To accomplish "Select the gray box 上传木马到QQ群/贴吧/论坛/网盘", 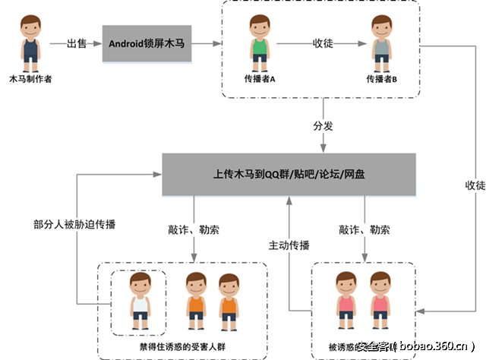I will coord(289,174).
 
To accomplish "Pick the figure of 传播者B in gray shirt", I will coord(380,46).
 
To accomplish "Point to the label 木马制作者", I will coord(30,78).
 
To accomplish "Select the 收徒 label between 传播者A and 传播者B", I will coord(323,43).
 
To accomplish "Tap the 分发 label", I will coord(323,126).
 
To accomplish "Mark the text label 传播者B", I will coord(381,79).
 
